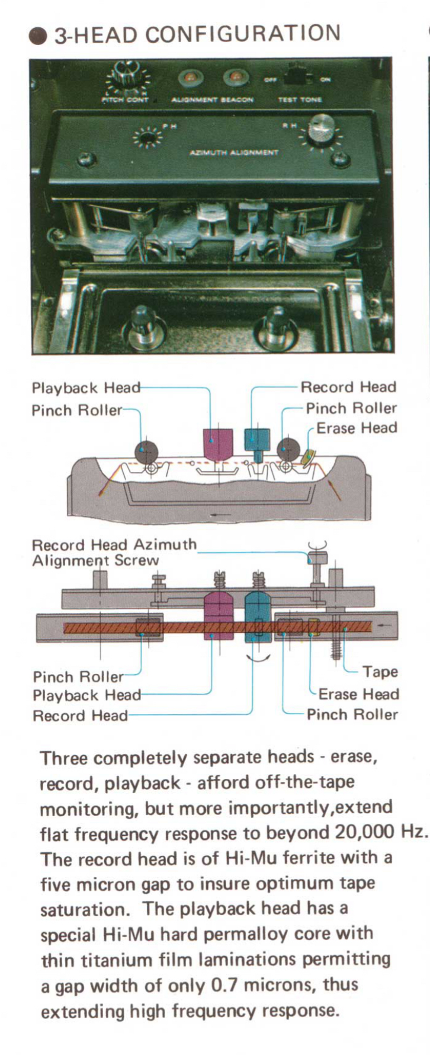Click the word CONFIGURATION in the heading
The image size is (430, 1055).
pyautogui.click(x=243, y=34)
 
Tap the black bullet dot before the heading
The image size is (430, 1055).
pyautogui.click(x=38, y=36)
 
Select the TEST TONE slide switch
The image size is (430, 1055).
pyautogui.click(x=296, y=77)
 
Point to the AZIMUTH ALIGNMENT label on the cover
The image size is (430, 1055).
pyautogui.click(x=234, y=152)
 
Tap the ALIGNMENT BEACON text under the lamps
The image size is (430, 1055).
pyautogui.click(x=212, y=100)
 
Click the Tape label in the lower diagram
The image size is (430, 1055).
pyautogui.click(x=380, y=672)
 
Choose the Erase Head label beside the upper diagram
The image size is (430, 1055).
pyautogui.click(x=357, y=428)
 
